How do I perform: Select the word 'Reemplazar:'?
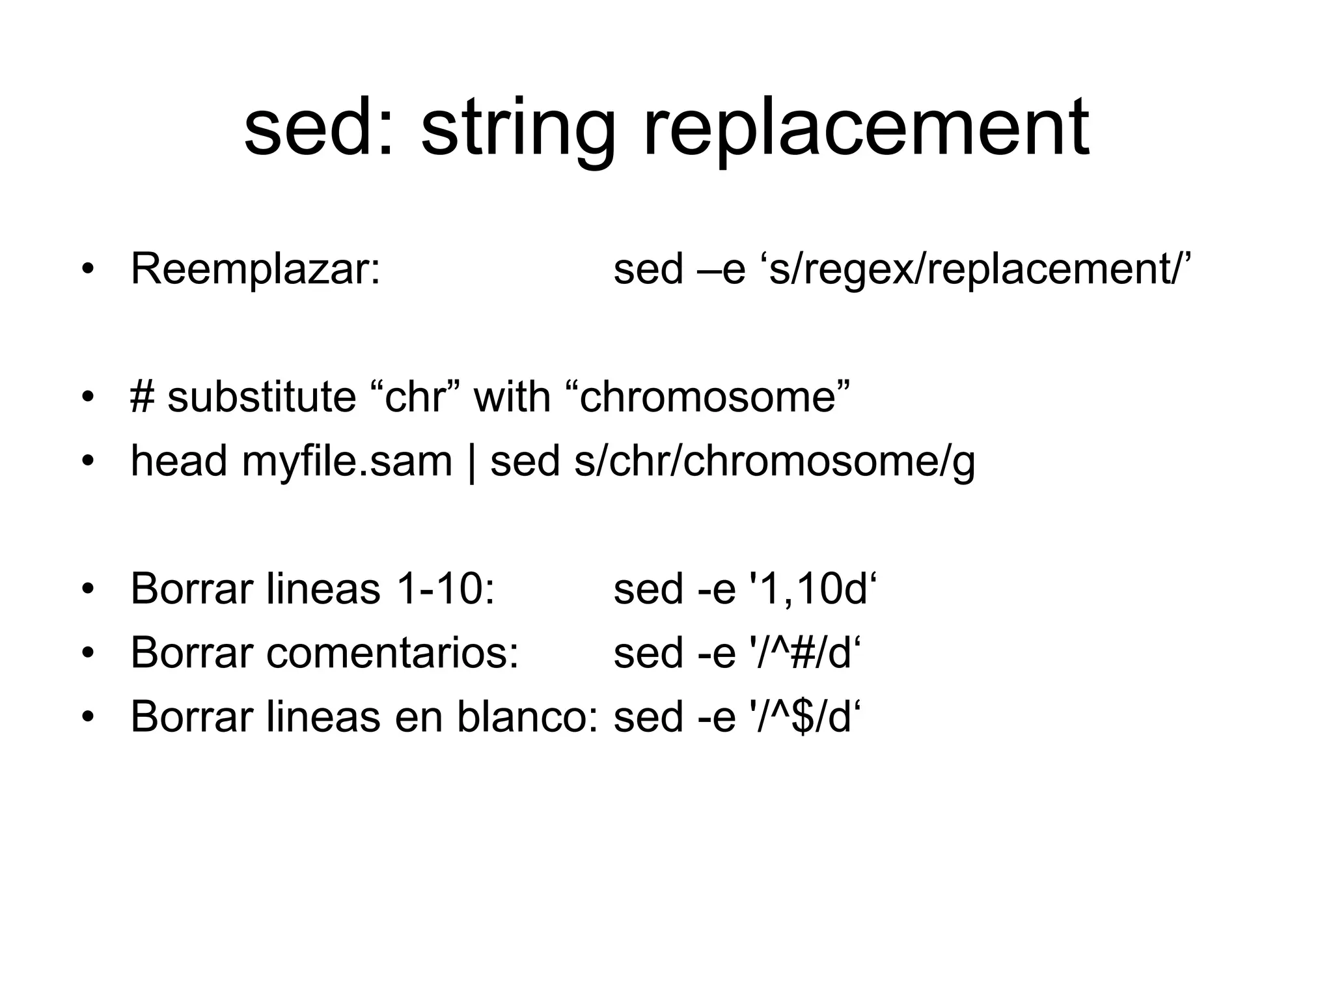[x=255, y=269]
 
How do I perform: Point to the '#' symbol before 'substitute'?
[x=143, y=396]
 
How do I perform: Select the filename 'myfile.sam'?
[x=346, y=460]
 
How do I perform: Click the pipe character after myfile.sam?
[x=471, y=462]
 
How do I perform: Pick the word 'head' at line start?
[x=179, y=460]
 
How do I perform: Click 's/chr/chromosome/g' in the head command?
[x=775, y=462]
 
